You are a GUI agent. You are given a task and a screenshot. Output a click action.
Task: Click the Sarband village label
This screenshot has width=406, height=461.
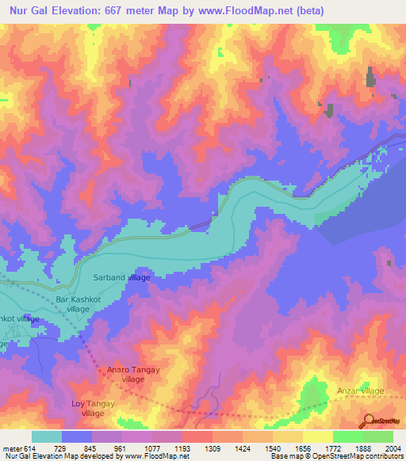(x=122, y=278)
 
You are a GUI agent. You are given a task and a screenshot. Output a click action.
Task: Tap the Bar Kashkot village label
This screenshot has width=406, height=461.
(x=79, y=305)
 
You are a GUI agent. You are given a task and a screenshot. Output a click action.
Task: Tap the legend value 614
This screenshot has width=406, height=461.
(x=29, y=448)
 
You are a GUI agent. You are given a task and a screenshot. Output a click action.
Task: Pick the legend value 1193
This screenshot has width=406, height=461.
(x=182, y=448)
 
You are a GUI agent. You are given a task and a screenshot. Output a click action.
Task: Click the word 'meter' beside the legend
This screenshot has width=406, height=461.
(x=11, y=448)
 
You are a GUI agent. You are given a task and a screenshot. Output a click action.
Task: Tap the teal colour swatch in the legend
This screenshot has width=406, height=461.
(x=47, y=436)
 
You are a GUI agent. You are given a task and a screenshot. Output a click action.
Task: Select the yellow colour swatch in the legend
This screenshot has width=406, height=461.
(x=319, y=436)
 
